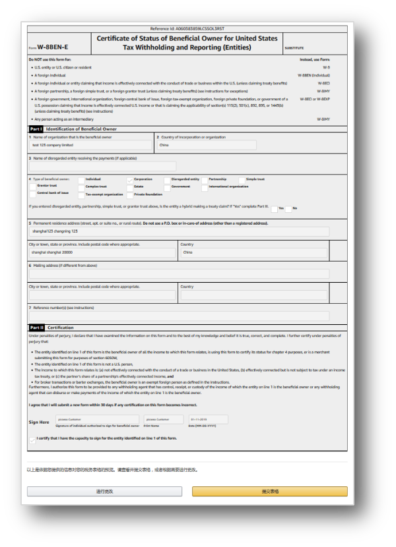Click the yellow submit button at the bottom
pyautogui.click(x=269, y=491)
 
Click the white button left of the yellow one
pyautogui.click(x=104, y=491)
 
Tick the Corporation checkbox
pyautogui.click(x=130, y=179)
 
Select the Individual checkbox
pyautogui.click(x=81, y=179)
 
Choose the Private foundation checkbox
pyautogui.click(x=130, y=194)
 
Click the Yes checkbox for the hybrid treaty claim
pyautogui.click(x=275, y=209)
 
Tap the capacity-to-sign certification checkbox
pyautogui.click(x=33, y=439)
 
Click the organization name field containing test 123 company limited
pyautogui.click(x=91, y=145)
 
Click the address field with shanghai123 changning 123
pyautogui.click(x=179, y=231)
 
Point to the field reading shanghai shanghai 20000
pyautogui.click(x=102, y=252)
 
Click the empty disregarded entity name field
pyautogui.click(x=102, y=166)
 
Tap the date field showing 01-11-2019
pyautogui.click(x=208, y=419)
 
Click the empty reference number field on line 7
pyautogui.click(x=179, y=316)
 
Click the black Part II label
pyautogui.click(x=36, y=328)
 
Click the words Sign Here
pyautogui.click(x=39, y=422)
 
